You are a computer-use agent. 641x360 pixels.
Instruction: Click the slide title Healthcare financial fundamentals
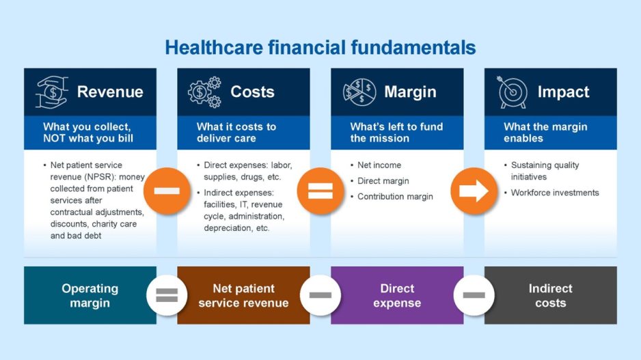pyautogui.click(x=320, y=47)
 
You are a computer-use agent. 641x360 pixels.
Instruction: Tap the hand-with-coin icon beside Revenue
pyautogui.click(x=53, y=92)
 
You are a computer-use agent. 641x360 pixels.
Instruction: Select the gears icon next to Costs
pyautogui.click(x=205, y=92)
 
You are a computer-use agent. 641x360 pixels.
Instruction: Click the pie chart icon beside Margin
pyautogui.click(x=359, y=92)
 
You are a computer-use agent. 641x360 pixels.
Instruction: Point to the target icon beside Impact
pyautogui.click(x=513, y=92)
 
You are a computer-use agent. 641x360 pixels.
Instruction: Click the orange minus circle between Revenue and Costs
pyautogui.click(x=166, y=191)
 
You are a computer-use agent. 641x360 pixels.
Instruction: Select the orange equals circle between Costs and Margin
pyautogui.click(x=320, y=191)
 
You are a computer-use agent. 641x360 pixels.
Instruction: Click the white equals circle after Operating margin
pyautogui.click(x=166, y=295)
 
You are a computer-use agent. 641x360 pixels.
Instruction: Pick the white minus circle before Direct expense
pyautogui.click(x=320, y=295)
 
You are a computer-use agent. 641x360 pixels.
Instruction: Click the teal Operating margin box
pyautogui.click(x=90, y=295)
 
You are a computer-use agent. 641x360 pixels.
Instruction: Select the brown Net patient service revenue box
pyautogui.click(x=243, y=295)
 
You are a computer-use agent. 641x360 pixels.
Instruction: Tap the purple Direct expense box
pyautogui.click(x=397, y=295)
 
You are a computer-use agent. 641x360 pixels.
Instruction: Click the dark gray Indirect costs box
pyautogui.click(x=550, y=295)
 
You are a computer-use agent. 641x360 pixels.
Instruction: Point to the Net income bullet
pyautogui.click(x=379, y=165)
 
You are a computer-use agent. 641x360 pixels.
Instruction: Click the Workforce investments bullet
pyautogui.click(x=555, y=193)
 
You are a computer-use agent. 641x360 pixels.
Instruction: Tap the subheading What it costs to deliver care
pyautogui.click(x=236, y=133)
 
